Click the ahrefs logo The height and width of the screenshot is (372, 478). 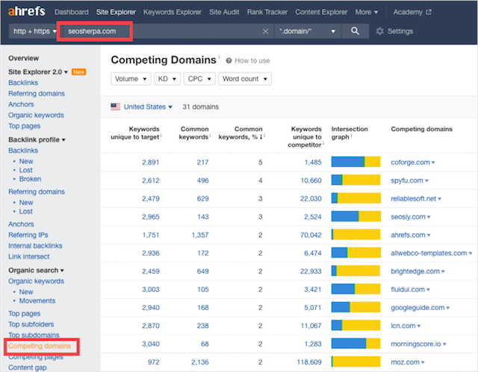(25, 12)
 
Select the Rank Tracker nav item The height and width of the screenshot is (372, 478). (267, 13)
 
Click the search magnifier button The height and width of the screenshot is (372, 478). (356, 31)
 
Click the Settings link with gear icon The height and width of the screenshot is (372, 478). (394, 31)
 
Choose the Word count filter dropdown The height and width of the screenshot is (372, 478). (245, 78)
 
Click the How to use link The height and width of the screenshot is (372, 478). (252, 60)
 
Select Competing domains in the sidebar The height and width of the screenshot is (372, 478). (40, 347)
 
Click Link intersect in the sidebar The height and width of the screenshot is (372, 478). (30, 256)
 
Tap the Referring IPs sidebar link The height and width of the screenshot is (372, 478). (28, 235)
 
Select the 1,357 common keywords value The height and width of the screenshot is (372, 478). (198, 234)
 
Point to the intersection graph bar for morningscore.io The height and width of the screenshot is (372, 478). (356, 343)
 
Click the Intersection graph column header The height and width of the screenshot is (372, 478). (350, 133)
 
